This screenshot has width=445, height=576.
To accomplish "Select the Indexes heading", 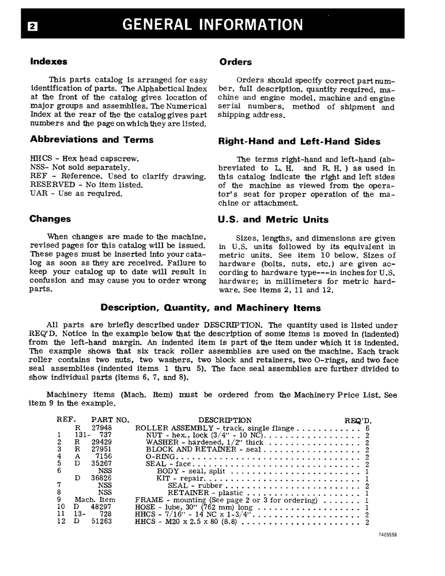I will click(x=48, y=61).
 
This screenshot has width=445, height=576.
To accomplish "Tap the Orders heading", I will click(x=235, y=62).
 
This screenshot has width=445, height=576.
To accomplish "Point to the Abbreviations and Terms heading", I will click(x=91, y=139).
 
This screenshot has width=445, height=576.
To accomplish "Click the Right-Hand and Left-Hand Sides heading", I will click(x=299, y=141).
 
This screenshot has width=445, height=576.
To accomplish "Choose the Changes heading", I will click(x=50, y=219).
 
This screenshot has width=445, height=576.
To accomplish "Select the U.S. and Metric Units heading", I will click(x=273, y=219).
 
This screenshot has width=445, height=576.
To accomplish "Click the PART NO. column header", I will click(x=110, y=420).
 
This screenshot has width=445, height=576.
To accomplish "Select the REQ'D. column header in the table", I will click(x=358, y=420).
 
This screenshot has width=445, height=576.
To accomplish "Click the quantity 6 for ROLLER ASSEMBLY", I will click(x=367, y=429).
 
